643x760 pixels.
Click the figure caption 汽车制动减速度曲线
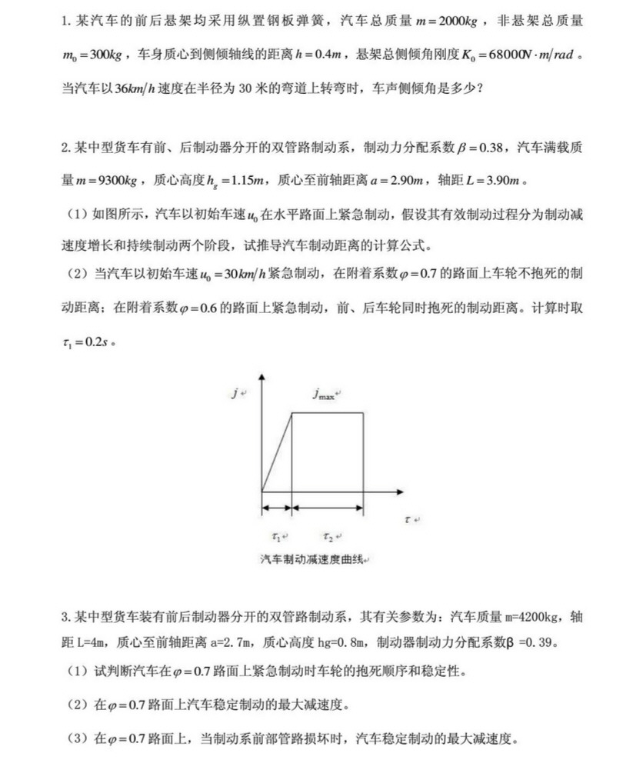(x=312, y=559)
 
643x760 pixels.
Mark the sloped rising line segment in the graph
(x=277, y=452)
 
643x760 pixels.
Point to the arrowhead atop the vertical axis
(x=263, y=377)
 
